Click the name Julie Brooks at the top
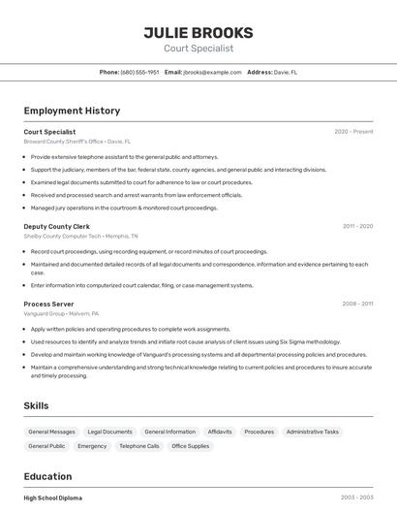[198, 32]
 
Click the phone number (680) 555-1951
[139, 72]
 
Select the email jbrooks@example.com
[212, 72]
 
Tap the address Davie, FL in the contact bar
[286, 72]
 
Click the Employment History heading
[72, 111]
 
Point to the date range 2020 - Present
[353, 131]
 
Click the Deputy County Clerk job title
[57, 226]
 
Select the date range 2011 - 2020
[357, 226]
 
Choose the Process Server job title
[48, 304]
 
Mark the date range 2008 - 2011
[357, 304]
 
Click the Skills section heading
[37, 405]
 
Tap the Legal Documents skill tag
[109, 432]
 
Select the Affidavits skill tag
[220, 432]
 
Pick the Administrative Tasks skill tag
[313, 432]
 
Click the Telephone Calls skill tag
[139, 446]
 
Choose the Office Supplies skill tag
[191, 446]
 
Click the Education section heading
[47, 476]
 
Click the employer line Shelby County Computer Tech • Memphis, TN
[80, 236]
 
